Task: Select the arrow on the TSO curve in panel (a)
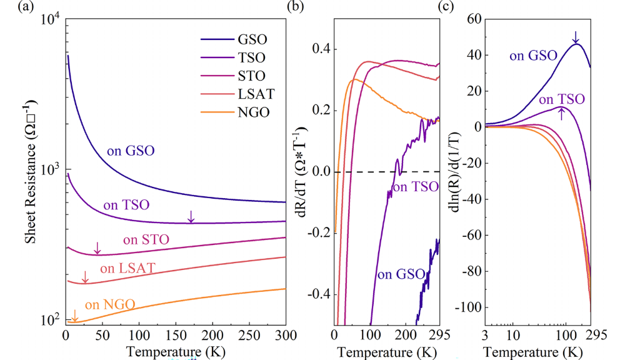click(191, 216)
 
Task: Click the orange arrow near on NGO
click(74, 315)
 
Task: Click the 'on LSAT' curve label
click(127, 269)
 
